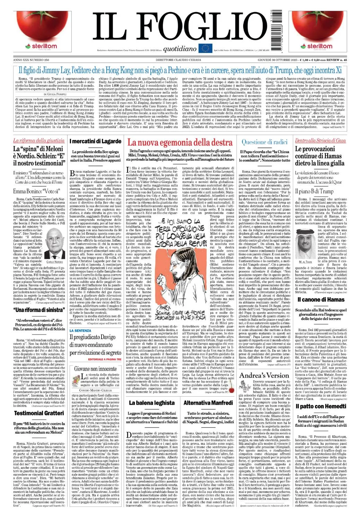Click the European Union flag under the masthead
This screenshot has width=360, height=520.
coord(204,48)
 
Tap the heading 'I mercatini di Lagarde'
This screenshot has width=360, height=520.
coord(96,141)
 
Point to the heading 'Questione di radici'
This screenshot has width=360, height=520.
coord(265,141)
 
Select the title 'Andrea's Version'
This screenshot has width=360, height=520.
coord(264,375)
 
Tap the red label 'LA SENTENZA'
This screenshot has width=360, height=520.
coord(80,330)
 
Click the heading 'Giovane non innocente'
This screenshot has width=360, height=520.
coord(96,369)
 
